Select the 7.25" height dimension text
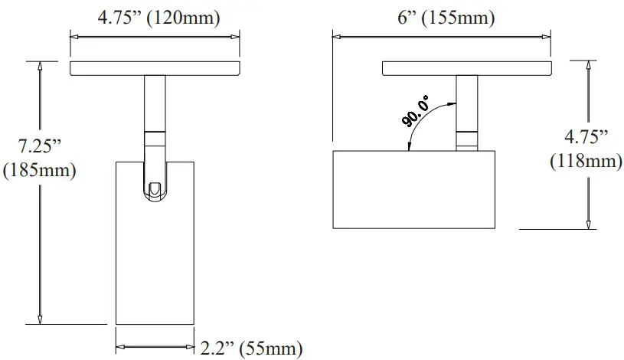pyautogui.click(x=39, y=146)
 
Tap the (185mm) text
pyautogui.click(x=39, y=170)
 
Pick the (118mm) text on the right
pyautogui.click(x=585, y=161)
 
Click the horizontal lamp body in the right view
pyautogui.click(x=414, y=189)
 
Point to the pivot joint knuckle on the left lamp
pyautogui.click(x=155, y=188)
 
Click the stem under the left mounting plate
pyautogui.click(x=154, y=103)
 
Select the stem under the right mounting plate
pyautogui.click(x=466, y=103)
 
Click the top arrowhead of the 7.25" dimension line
pyautogui.click(x=39, y=67)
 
